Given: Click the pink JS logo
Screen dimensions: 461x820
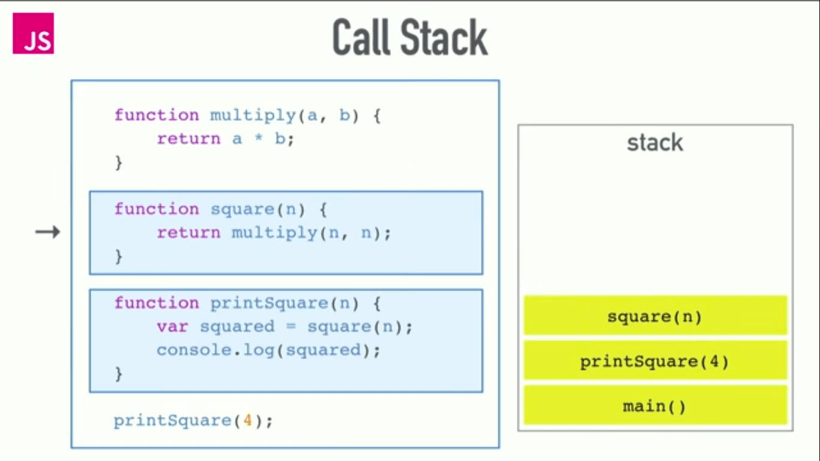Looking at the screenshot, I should tap(33, 34).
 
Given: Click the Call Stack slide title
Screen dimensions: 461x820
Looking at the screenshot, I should tap(410, 37).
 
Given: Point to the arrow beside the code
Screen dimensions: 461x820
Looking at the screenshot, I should tap(48, 232).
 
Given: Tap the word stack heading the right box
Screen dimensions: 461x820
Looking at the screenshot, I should tap(655, 143).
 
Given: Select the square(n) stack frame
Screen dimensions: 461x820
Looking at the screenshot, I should tap(655, 316).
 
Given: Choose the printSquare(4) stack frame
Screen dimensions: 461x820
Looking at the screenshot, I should tap(655, 361).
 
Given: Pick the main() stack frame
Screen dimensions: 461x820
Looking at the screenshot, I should tap(655, 406).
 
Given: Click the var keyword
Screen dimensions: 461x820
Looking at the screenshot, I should tap(172, 327).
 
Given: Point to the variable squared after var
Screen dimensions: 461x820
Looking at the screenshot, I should tap(237, 327).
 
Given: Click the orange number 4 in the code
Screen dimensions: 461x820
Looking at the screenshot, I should tap(247, 420).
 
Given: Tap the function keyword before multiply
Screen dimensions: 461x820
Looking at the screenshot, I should tap(156, 115).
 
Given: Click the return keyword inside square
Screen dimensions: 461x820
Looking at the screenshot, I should tap(188, 232).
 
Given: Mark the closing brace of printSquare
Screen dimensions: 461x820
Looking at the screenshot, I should tap(118, 373).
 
